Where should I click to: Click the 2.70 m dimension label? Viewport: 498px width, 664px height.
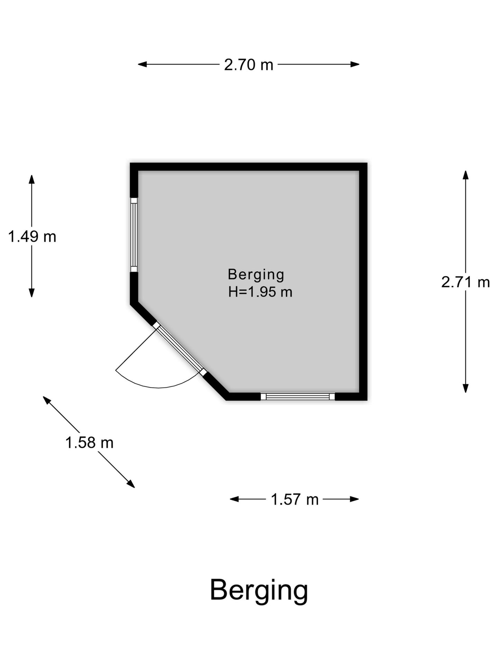tap(249, 65)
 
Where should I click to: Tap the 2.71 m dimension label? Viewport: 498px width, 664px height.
tap(465, 282)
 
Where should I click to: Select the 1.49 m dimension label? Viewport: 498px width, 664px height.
tap(32, 237)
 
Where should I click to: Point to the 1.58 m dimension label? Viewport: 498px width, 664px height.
tap(89, 443)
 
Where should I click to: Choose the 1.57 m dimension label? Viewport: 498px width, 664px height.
tap(295, 499)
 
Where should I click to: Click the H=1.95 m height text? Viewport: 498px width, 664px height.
tap(260, 292)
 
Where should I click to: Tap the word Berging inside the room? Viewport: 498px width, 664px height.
tap(256, 275)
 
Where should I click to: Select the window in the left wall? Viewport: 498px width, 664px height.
tap(134, 235)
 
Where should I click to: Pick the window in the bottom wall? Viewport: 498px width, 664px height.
tap(298, 396)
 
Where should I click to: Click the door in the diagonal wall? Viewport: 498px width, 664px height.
tap(180, 349)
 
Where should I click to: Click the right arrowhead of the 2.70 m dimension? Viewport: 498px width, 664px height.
tap(355, 64)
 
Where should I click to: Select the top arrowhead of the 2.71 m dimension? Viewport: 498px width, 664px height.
tap(466, 175)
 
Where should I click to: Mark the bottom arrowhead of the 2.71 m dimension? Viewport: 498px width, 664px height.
tap(466, 388)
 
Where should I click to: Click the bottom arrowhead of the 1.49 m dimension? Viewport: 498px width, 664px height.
tap(32, 293)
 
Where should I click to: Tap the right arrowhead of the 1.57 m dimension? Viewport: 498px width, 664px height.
tap(354, 499)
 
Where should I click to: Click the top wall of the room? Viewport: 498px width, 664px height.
tap(248, 167)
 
